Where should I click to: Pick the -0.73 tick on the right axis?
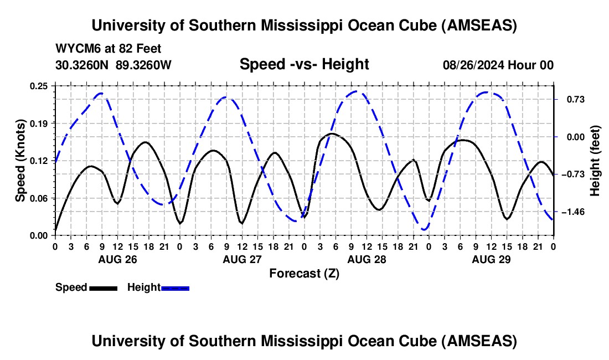tap(570, 174)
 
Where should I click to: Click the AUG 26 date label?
tap(117, 259)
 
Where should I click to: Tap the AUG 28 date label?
tap(367, 259)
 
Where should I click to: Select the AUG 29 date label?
tap(491, 259)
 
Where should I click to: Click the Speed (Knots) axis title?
tap(20, 160)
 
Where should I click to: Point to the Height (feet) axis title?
tap(595, 160)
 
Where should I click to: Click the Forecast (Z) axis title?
tap(304, 273)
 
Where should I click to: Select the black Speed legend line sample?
tap(103, 288)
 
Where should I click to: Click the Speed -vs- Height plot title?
tap(304, 64)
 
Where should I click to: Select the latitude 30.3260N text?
tap(83, 65)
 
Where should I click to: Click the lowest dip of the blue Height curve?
tap(425, 229)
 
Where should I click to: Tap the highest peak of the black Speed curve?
tap(332, 133)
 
